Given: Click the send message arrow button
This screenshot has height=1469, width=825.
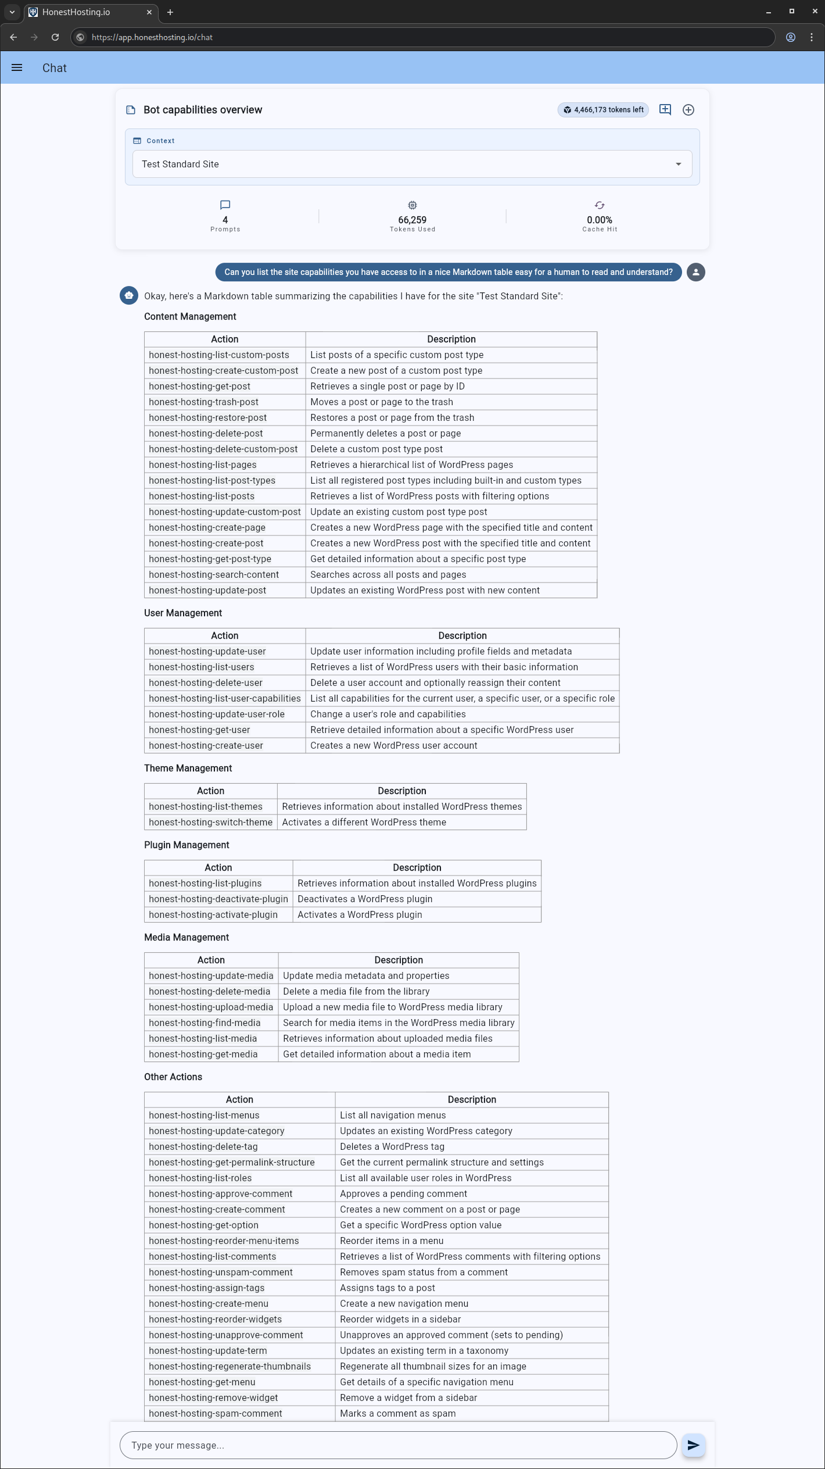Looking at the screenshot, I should (693, 1445).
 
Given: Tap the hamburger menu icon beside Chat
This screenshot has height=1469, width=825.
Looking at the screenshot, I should (17, 68).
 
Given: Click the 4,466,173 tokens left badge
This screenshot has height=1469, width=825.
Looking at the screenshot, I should (603, 110).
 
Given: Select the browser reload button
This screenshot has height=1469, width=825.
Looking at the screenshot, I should (55, 37).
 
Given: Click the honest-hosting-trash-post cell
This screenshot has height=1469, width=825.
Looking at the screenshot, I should (204, 402).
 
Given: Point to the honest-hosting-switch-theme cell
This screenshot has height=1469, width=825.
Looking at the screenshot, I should (210, 823).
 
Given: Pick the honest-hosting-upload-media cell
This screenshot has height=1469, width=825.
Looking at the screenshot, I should (211, 1007).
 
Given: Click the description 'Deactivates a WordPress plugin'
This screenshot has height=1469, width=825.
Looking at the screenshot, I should (365, 899).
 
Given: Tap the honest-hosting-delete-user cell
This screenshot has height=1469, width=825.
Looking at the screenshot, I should (206, 683).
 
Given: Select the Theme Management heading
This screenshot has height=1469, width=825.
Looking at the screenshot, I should (188, 769).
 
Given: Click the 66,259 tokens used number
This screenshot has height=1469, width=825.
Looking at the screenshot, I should (412, 220).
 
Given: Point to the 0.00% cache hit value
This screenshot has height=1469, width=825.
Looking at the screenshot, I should (599, 220).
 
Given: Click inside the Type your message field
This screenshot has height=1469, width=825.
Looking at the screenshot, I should (398, 1445).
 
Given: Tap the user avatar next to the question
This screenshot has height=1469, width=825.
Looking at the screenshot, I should (695, 272).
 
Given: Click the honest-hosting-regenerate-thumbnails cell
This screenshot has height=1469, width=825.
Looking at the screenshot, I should (229, 1367).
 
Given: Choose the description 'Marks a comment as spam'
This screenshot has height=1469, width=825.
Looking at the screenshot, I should (398, 1414).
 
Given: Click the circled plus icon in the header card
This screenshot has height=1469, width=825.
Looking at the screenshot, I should (688, 110).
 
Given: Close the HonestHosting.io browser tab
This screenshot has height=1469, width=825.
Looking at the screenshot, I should (149, 12).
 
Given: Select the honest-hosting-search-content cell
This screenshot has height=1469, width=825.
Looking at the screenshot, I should (214, 575).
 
